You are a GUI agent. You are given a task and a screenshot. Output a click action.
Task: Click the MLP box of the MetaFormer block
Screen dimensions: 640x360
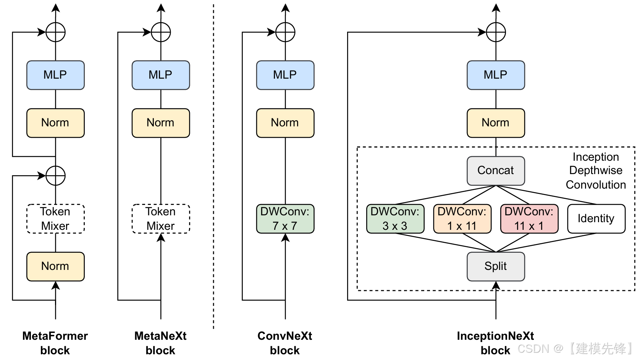(55, 75)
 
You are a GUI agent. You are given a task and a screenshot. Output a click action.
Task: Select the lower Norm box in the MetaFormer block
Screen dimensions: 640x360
(55, 266)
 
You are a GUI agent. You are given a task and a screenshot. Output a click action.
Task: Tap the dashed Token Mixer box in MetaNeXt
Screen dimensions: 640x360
(161, 219)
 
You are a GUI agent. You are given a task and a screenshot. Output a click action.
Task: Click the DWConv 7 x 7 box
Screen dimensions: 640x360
(285, 219)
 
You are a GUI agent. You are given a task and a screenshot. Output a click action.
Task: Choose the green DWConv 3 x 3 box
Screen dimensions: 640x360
(395, 219)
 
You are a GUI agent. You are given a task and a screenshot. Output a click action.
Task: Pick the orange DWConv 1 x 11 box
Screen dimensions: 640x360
(462, 219)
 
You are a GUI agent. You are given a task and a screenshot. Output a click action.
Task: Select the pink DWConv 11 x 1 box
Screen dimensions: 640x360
(529, 219)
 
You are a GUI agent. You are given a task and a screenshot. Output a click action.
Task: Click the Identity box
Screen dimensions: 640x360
(596, 219)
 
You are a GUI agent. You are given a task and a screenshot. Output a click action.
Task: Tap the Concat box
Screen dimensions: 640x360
(496, 171)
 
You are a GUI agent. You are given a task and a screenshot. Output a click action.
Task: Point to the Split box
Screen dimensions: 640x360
(496, 266)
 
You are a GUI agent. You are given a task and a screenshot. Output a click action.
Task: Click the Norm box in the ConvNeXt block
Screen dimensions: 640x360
(285, 123)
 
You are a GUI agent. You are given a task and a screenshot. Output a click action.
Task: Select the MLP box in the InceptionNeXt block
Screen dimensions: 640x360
(496, 75)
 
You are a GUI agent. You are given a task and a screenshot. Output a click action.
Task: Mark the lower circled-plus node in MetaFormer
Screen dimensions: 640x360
(55, 176)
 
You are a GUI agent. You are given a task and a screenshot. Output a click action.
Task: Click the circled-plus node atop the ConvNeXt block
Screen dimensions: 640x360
(285, 32)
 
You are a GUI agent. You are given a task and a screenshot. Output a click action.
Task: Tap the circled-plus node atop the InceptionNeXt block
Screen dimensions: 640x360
(496, 32)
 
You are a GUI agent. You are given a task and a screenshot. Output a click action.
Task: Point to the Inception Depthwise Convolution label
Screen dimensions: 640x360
(596, 171)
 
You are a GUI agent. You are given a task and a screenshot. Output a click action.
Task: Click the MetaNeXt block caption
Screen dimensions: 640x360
(160, 343)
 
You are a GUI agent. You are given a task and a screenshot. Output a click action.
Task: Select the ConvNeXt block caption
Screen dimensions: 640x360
(285, 343)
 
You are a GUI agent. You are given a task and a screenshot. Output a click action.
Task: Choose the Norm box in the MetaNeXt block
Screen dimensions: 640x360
(161, 123)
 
